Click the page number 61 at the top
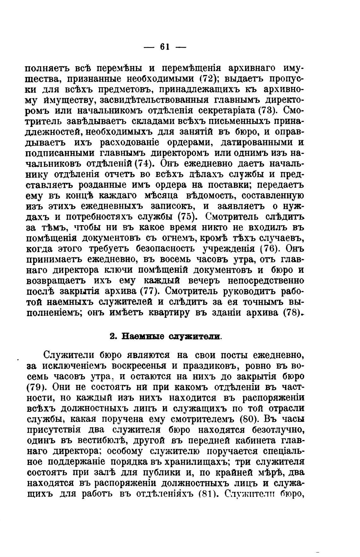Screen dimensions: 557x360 point(165,46)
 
